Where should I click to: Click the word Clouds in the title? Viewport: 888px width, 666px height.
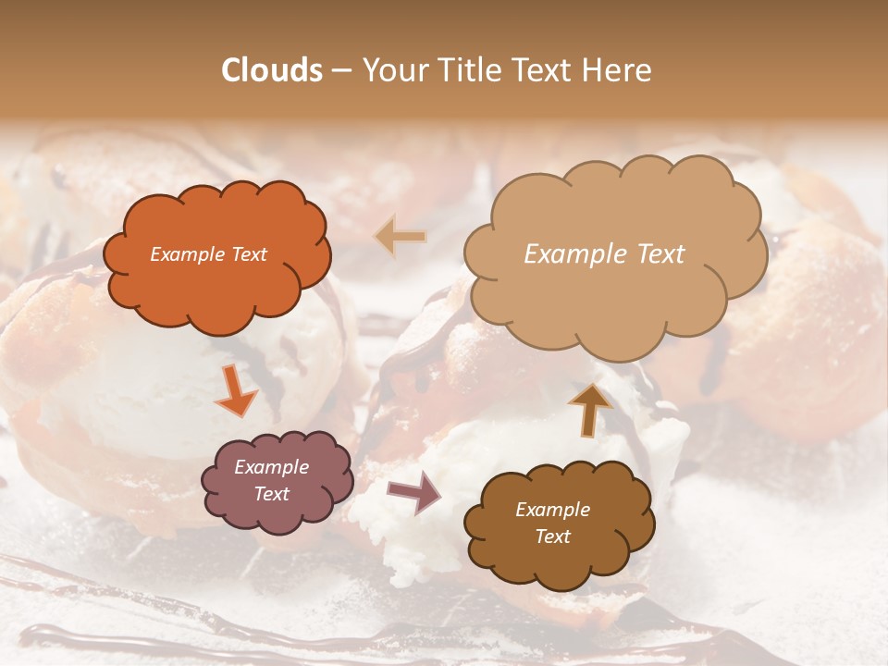pyautogui.click(x=272, y=70)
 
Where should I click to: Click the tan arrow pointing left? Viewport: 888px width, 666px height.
pyautogui.click(x=401, y=237)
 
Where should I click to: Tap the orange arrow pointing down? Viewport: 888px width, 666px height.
pyautogui.click(x=237, y=390)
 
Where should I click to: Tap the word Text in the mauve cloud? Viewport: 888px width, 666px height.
pyautogui.click(x=271, y=494)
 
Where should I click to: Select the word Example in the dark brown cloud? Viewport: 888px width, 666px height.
pyautogui.click(x=552, y=510)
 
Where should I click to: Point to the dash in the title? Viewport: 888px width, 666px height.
pyautogui.click(x=341, y=70)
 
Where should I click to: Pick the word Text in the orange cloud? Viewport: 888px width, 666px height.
pyautogui.click(x=248, y=254)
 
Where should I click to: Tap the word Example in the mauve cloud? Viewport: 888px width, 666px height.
pyautogui.click(x=271, y=467)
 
